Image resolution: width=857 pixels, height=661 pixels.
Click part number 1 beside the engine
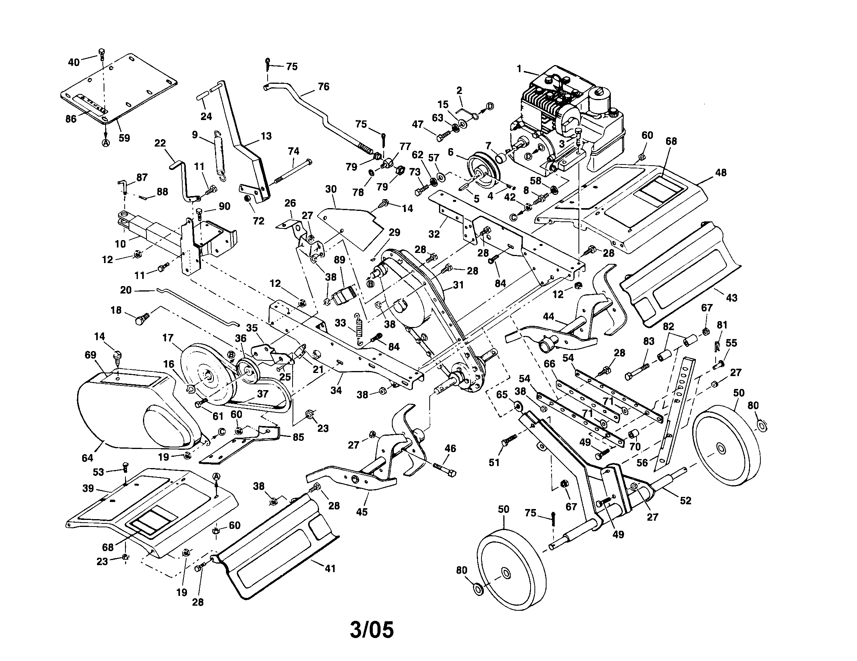(x=519, y=69)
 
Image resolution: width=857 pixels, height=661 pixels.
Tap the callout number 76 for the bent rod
(x=323, y=86)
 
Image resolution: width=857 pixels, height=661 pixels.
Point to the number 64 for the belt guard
(x=88, y=458)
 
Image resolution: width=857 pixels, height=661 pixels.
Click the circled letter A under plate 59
(x=106, y=143)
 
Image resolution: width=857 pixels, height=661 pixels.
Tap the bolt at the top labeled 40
(x=102, y=54)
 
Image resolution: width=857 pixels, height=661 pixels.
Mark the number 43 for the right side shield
(x=732, y=297)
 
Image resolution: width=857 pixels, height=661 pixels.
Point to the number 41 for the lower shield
(x=330, y=568)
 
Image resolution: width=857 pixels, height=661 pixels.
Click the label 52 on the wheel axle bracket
(x=686, y=500)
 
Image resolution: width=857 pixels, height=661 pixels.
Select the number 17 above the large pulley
(x=168, y=338)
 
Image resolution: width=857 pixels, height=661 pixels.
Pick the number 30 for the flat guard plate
(x=331, y=189)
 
